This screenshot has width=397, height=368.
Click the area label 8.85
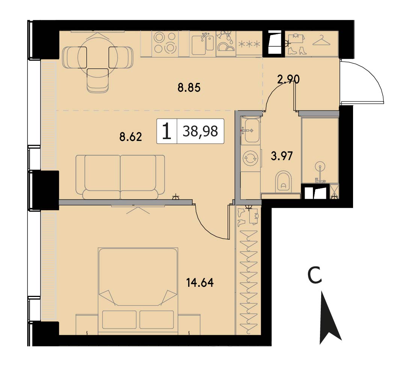pos(189,88)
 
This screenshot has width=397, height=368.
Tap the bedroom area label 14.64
pos(200,282)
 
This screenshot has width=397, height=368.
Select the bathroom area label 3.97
pos(282,156)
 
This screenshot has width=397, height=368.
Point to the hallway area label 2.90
pos(288,79)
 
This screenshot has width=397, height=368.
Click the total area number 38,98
pos(200,131)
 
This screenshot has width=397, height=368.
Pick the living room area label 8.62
pos(131,137)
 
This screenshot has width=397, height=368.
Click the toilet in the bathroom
pos(283,182)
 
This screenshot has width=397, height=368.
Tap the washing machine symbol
pos(251,158)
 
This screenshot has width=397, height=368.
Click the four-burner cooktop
pos(165,43)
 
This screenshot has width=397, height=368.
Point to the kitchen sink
pos(202,44)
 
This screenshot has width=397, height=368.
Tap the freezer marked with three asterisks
pos(249,44)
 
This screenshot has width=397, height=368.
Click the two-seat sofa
pos(120,177)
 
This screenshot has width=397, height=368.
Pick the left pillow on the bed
pos(119,320)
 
